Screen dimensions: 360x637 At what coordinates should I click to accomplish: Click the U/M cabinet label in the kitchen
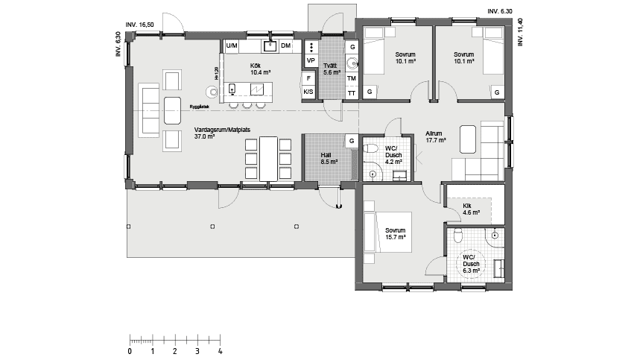[x=232, y=46]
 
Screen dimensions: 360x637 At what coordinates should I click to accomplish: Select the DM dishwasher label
[x=285, y=46]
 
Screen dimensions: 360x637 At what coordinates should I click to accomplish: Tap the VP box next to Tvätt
[x=311, y=60]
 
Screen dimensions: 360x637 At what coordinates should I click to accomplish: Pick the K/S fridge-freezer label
[x=308, y=92]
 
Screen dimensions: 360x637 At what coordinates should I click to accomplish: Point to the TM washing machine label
[x=352, y=78]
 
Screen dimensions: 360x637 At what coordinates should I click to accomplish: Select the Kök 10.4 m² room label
[x=260, y=69]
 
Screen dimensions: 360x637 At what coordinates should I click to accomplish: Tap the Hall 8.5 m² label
[x=329, y=158]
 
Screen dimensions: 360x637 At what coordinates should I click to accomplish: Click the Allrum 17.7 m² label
[x=435, y=136]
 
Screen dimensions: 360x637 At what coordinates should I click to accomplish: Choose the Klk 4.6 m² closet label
[x=471, y=209]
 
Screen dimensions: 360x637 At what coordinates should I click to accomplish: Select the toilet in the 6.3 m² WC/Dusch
[x=458, y=235]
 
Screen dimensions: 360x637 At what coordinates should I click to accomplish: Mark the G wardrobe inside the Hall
[x=351, y=141]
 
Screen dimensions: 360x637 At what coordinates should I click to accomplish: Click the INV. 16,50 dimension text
[x=140, y=25]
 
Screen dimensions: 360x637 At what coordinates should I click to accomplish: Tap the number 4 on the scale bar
[x=220, y=350]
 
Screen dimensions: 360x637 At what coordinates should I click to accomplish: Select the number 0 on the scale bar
[x=130, y=350]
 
